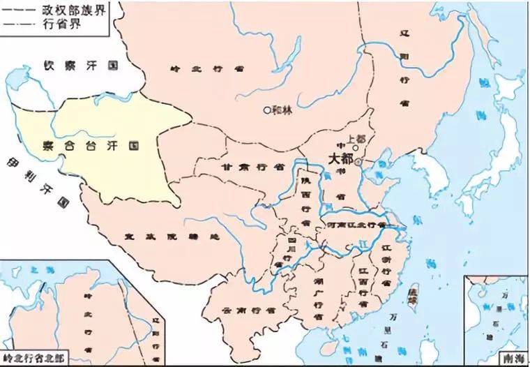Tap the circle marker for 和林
click(x=266, y=110)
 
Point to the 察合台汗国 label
click(x=91, y=147)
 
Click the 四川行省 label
click(x=293, y=251)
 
